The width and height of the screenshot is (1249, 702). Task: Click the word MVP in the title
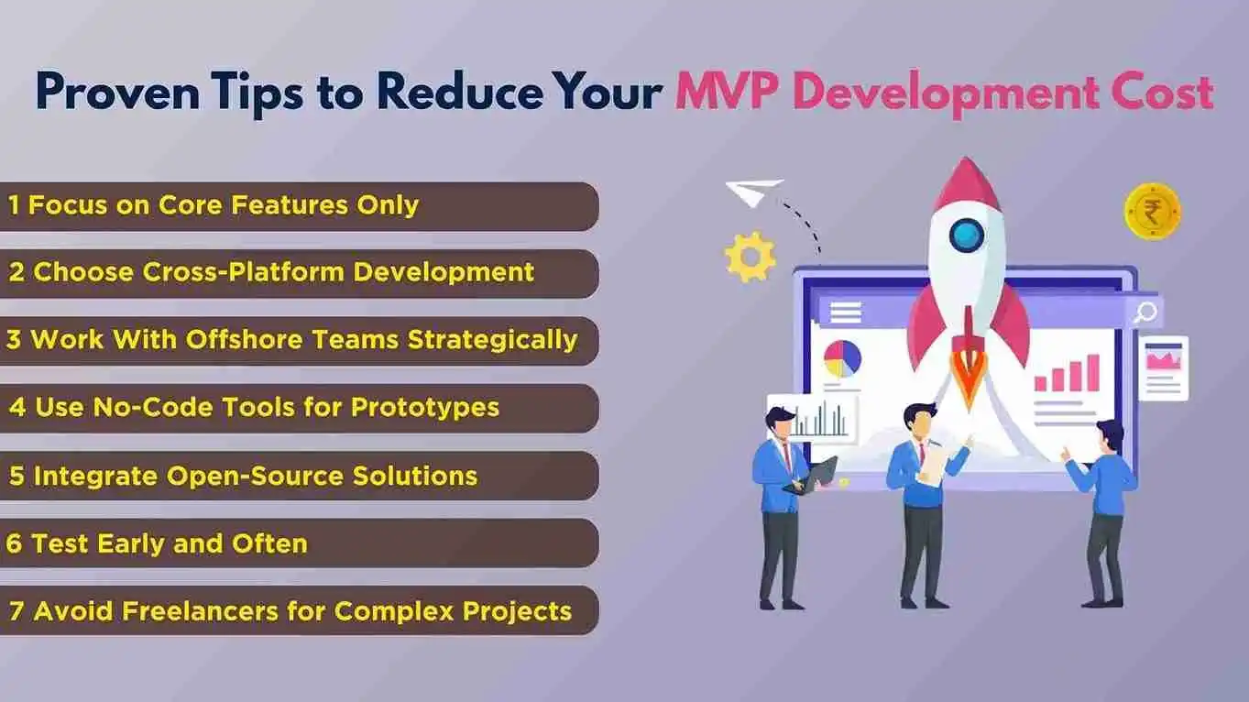pyautogui.click(x=725, y=91)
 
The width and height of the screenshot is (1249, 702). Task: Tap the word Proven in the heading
pyautogui.click(x=117, y=91)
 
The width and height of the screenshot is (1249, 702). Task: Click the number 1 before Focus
pyautogui.click(x=14, y=205)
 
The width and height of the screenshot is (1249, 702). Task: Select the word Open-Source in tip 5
pyautogui.click(x=255, y=477)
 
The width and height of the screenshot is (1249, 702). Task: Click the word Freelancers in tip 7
pyautogui.click(x=200, y=611)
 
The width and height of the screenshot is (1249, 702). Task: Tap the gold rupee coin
pyautogui.click(x=1152, y=212)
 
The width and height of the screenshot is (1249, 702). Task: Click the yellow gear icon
pyautogui.click(x=750, y=257)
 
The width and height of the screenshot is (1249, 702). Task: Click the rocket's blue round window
pyautogui.click(x=966, y=236)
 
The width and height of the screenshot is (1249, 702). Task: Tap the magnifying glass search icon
pyautogui.click(x=1145, y=313)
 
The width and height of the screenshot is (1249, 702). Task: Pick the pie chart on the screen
pyautogui.click(x=842, y=358)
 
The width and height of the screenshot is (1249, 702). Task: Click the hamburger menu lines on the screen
pyautogui.click(x=845, y=313)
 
